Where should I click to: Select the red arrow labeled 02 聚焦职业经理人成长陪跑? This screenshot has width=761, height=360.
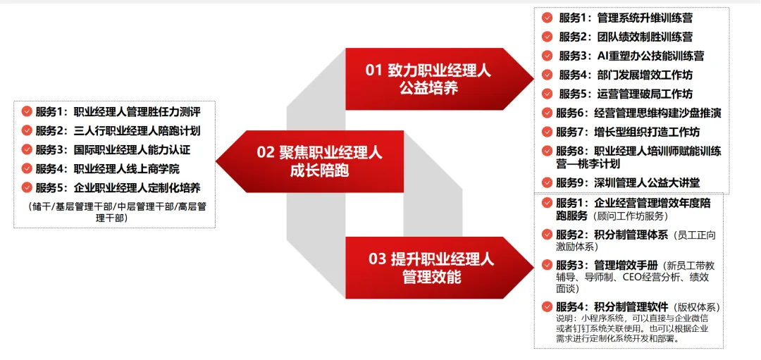click(x=311, y=161)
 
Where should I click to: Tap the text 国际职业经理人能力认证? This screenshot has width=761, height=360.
click(x=132, y=150)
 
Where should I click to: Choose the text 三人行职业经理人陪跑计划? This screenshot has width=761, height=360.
click(x=137, y=131)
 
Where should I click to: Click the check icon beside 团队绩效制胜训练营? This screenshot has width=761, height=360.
click(x=547, y=37)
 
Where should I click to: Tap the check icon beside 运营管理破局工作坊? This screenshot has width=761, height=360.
click(x=547, y=94)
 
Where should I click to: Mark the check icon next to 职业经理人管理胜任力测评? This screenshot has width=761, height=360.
click(x=27, y=112)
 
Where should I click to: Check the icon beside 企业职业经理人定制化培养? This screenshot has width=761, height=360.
click(x=27, y=188)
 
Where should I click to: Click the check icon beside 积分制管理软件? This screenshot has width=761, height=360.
click(x=547, y=306)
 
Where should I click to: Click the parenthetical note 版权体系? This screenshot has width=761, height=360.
click(x=695, y=307)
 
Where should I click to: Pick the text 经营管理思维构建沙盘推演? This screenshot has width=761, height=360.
click(x=657, y=113)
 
